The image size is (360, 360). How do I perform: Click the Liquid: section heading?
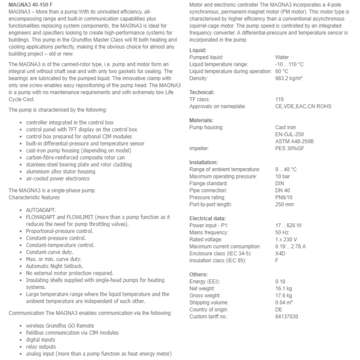coord(198,50)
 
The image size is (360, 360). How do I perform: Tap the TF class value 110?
coord(279,99)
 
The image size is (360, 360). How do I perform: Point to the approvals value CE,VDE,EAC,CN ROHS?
coord(303,106)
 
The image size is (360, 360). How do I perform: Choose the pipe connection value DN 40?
coord(282,190)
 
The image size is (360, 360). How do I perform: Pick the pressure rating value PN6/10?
coord(283,197)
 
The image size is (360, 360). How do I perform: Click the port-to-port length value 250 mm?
coord(284,204)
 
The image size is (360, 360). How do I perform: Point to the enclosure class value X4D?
coord(281,253)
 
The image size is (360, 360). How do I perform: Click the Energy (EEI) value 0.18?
coord(280,281)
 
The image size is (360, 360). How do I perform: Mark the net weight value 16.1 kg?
coord(284,289)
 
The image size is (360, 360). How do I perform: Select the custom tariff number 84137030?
coord(286,316)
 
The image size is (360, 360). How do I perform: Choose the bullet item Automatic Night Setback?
coord(55,266)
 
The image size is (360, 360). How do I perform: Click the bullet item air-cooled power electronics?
coord(58,178)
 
